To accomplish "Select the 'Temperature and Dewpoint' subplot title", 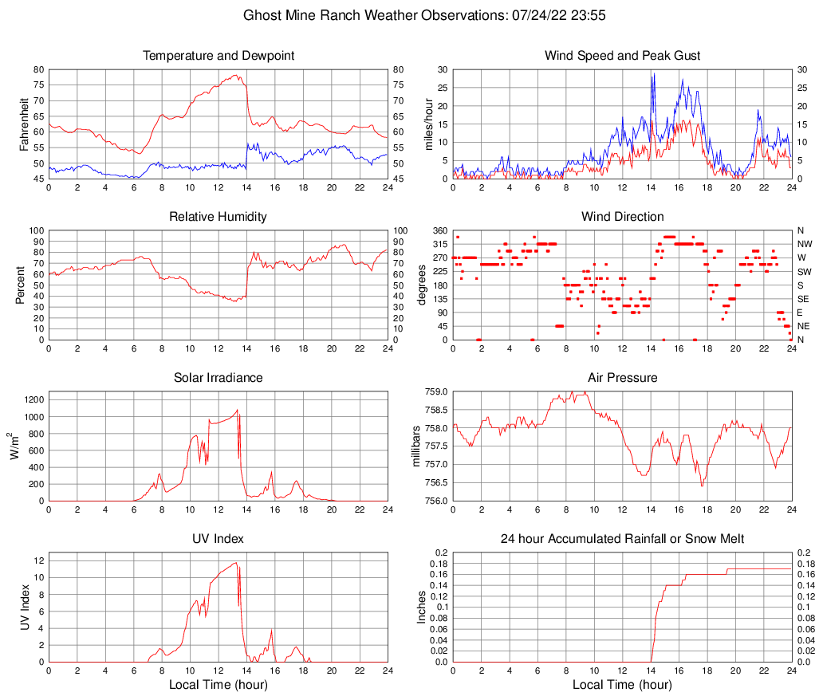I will pyautogui.click(x=219, y=56).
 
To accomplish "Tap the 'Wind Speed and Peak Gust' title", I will pyautogui.click(x=622, y=56).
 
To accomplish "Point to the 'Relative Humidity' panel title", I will pyautogui.click(x=219, y=217).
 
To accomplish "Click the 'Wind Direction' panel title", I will pyautogui.click(x=622, y=217).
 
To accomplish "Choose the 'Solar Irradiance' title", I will pyautogui.click(x=219, y=378).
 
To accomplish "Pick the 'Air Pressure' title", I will pyautogui.click(x=622, y=378).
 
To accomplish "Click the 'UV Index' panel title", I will pyautogui.click(x=219, y=539).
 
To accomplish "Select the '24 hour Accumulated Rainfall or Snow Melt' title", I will pyautogui.click(x=622, y=539).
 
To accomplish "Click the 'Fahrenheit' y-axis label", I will pyautogui.click(x=23, y=124).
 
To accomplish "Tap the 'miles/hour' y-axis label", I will pyautogui.click(x=428, y=124).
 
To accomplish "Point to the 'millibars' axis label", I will pyautogui.click(x=416, y=446).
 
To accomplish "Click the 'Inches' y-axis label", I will pyautogui.click(x=422, y=608).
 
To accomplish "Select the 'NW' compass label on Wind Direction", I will pyautogui.click(x=804, y=244).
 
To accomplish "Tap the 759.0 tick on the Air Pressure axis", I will pyautogui.click(x=437, y=392).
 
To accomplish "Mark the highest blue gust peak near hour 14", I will pyautogui.click(x=652, y=73).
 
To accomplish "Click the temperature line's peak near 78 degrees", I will pyautogui.click(x=236, y=75).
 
